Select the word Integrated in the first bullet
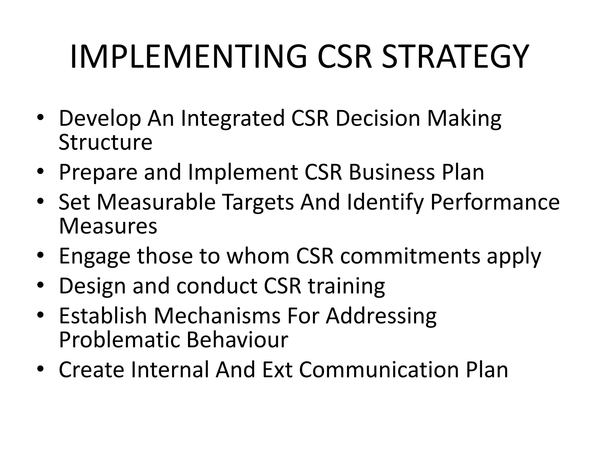click(233, 118)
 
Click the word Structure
click(105, 142)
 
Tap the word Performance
click(495, 202)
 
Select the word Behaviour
click(237, 340)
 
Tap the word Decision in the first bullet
click(378, 118)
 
